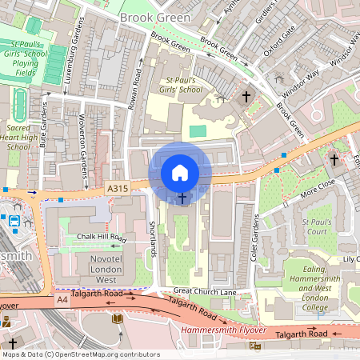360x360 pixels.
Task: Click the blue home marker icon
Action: pos(180,173)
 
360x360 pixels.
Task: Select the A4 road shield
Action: pos(62,298)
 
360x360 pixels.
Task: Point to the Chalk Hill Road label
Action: pos(103,238)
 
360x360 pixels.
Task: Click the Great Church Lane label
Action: pos(206,291)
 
